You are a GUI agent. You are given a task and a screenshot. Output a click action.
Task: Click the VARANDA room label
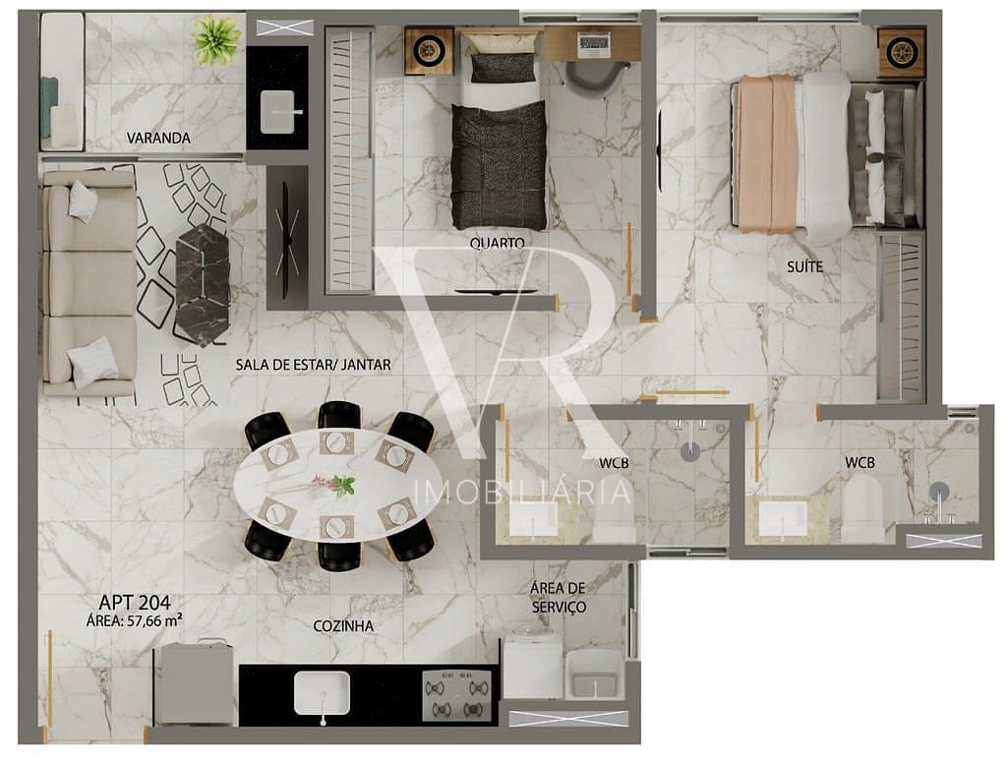pyautogui.click(x=158, y=138)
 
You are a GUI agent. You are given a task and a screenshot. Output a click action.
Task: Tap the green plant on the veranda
pyautogui.click(x=217, y=39)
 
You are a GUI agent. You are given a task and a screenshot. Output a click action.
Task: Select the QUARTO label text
pyautogui.click(x=497, y=243)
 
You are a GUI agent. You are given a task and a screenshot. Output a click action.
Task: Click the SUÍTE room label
pyautogui.click(x=804, y=265)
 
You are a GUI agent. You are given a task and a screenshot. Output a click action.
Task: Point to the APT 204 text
pyautogui.click(x=135, y=603)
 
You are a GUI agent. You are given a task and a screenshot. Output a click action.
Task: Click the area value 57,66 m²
pyautogui.click(x=154, y=620)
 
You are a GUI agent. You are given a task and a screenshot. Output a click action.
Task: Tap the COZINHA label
pyautogui.click(x=343, y=625)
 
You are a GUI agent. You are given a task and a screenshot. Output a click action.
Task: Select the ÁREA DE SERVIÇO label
pyautogui.click(x=558, y=597)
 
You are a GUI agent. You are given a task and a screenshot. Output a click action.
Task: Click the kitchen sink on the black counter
pyautogui.click(x=322, y=693)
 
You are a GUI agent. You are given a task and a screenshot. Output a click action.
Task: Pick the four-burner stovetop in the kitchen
pyautogui.click(x=456, y=695)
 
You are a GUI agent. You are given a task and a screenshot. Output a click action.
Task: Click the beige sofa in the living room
pyautogui.click(x=89, y=282)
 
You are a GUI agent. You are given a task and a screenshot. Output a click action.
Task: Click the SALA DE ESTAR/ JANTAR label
pyautogui.click(x=313, y=365)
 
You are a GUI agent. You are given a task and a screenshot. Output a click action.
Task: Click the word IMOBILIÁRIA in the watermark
pyautogui.click(x=523, y=493)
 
